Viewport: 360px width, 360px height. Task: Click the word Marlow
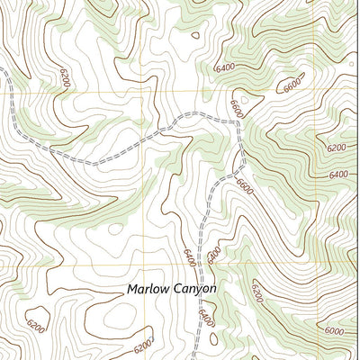click(x=148, y=290)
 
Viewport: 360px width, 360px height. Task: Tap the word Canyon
click(x=195, y=290)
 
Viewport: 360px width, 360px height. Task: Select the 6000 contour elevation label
click(x=334, y=330)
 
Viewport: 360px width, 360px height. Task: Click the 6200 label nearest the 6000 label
click(x=257, y=292)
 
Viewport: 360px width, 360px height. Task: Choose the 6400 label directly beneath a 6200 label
click(x=338, y=174)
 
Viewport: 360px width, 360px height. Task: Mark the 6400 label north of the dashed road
click(x=225, y=67)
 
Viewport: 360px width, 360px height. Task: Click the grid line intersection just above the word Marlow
click(x=144, y=263)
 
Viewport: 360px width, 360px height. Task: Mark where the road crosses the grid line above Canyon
click(x=200, y=263)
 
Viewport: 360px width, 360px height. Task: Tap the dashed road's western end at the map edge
click(x=2, y=70)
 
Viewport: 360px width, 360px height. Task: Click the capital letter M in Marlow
click(x=132, y=290)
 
